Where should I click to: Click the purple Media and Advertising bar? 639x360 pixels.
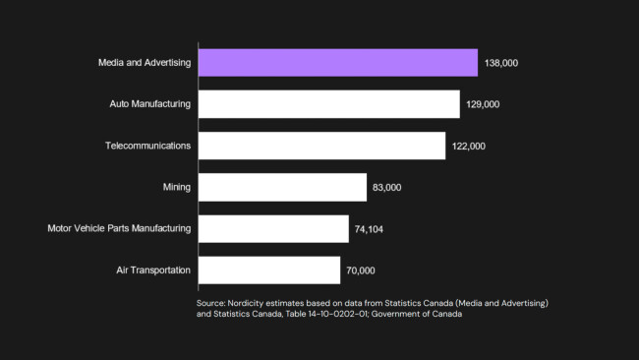338,63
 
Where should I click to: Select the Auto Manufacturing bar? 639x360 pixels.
329,104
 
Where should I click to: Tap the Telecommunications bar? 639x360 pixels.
322,146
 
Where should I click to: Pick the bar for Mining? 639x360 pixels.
282,187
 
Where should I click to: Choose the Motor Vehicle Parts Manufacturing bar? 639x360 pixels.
273,229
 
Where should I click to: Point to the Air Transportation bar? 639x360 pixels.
269,270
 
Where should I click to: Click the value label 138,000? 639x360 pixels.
501,63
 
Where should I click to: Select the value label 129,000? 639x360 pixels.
484,104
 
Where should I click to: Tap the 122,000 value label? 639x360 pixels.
470,146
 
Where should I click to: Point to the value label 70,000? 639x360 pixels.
361,270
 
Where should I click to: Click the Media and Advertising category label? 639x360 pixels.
145,63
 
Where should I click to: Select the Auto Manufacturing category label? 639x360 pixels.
150,104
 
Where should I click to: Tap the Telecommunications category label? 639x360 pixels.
148,146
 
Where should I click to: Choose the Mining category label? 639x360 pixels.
177,187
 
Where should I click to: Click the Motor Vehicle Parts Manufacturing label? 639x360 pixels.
119,229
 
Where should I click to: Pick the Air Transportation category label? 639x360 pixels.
153,270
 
